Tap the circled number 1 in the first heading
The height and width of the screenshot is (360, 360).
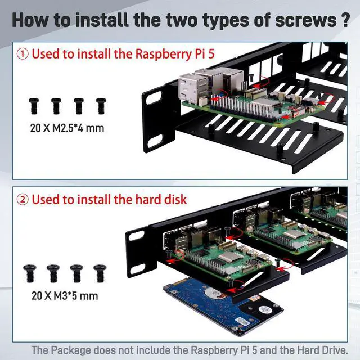pyautogui.click(x=23, y=54)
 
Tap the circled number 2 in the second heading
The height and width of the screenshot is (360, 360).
pyautogui.click(x=23, y=199)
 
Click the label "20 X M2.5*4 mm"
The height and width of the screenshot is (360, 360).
pyautogui.click(x=67, y=128)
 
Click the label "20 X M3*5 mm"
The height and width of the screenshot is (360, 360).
pyautogui.click(x=64, y=295)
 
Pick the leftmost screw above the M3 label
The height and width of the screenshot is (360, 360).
pyautogui.click(x=30, y=273)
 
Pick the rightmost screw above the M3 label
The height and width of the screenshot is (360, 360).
pyautogui.click(x=100, y=273)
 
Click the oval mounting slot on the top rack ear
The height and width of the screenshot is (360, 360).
pyautogui.click(x=153, y=98)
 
